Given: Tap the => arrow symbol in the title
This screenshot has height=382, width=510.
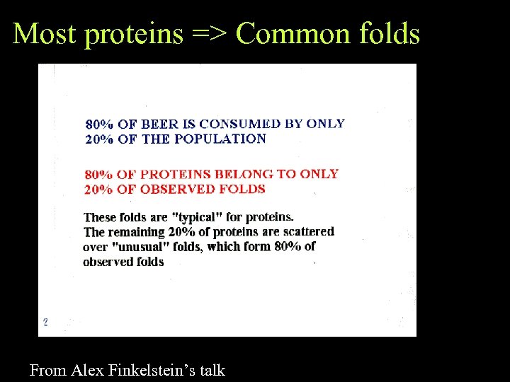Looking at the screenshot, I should [x=209, y=33].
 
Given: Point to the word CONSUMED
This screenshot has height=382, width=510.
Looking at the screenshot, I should [x=239, y=124].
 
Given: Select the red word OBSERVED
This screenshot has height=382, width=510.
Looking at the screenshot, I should [x=172, y=189].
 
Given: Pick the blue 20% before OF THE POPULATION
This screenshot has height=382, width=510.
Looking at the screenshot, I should [x=99, y=139].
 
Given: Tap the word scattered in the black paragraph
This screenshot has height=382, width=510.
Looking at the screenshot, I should [x=305, y=232].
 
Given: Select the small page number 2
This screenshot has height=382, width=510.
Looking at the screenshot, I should [x=46, y=323].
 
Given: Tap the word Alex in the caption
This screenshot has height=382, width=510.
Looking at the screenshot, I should [x=86, y=369].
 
